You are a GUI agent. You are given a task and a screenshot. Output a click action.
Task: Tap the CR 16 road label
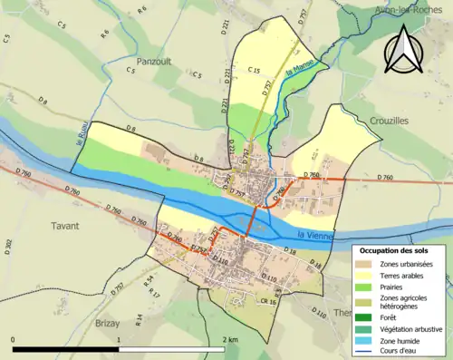267,300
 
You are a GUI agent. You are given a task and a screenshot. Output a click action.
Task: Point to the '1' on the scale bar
119,339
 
